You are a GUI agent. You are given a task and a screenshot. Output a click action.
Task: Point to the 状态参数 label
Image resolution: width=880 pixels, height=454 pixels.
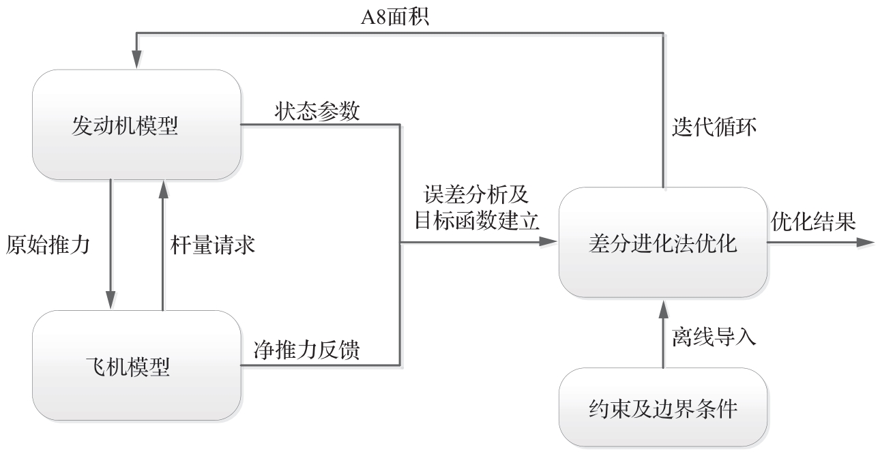(x=318, y=112)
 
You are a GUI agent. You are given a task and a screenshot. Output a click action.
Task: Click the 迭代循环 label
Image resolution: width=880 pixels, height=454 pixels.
(x=714, y=127)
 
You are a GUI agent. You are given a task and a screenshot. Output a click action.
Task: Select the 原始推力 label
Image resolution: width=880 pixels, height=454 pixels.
(x=49, y=244)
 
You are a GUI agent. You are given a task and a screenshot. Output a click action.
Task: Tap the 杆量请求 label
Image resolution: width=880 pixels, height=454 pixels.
(x=212, y=244)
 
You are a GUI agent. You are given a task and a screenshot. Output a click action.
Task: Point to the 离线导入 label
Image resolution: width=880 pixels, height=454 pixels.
(x=714, y=337)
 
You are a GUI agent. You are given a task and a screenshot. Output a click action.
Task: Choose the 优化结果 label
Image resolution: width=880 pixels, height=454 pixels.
(x=813, y=222)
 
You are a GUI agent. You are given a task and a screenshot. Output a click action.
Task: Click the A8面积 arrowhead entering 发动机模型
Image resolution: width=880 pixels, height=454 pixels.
(x=136, y=61)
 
